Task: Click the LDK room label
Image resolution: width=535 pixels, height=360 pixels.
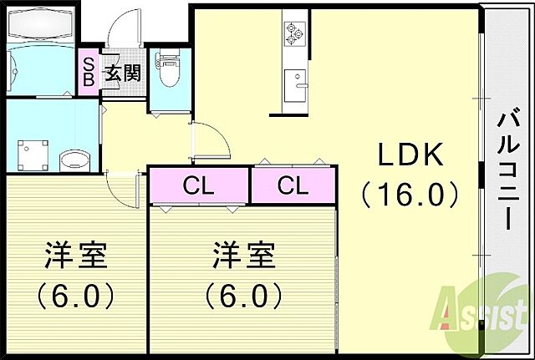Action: point(410,155)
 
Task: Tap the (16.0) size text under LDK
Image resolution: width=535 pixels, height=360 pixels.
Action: point(410,195)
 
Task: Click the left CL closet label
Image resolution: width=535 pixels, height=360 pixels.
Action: point(199,186)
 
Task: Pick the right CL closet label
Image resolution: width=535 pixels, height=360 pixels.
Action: point(293,186)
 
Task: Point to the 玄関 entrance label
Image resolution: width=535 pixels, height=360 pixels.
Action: point(121,74)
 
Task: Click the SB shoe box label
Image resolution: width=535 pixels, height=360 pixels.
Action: point(88,73)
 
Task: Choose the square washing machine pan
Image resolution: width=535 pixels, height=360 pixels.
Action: point(34,153)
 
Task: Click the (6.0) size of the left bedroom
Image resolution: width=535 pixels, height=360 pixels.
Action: point(75,295)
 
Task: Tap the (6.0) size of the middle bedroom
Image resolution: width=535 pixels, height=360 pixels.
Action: point(243,295)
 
